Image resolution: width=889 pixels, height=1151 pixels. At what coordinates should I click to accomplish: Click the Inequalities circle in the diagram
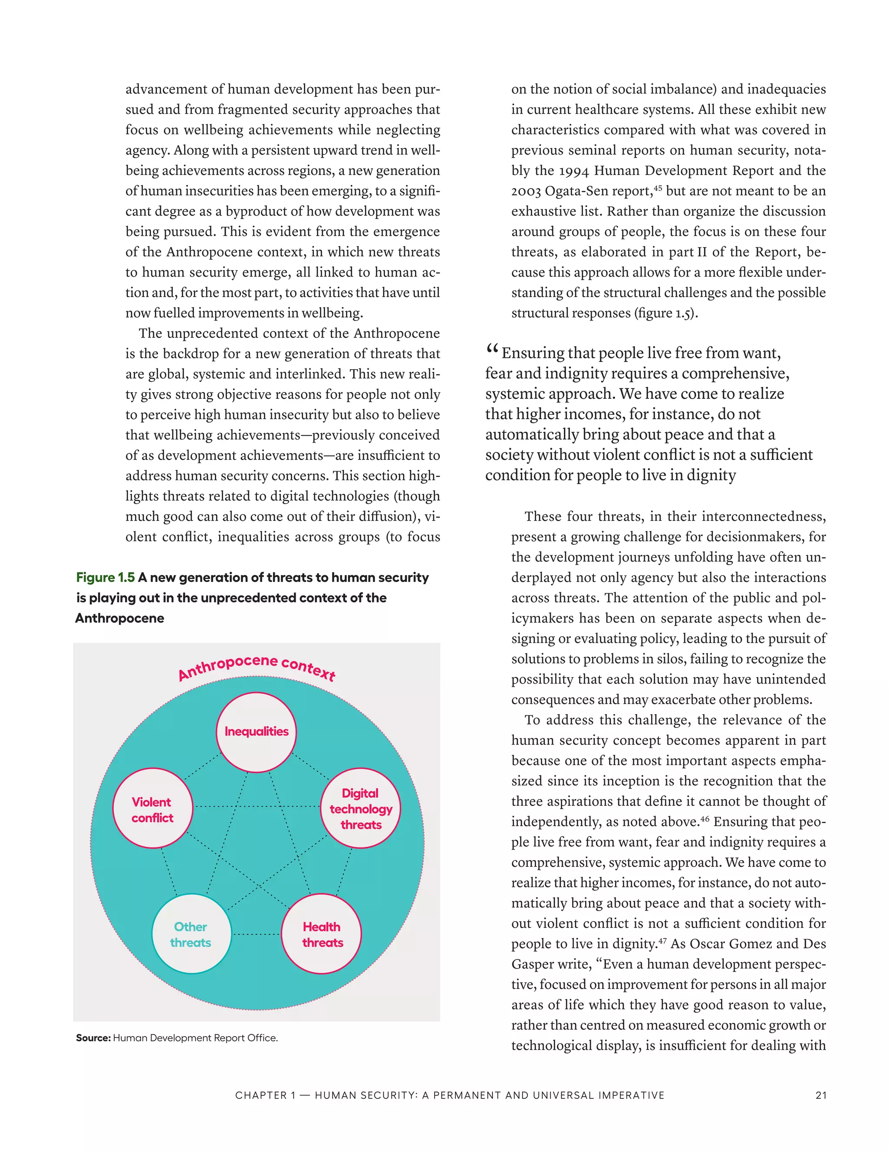pyautogui.click(x=257, y=732)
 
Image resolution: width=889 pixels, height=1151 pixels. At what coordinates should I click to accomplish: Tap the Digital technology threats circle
pyautogui.click(x=361, y=808)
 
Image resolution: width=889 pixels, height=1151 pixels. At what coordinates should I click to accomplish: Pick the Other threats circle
pyautogui.click(x=191, y=934)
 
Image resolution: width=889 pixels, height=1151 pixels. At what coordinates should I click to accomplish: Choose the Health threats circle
pyautogui.click(x=322, y=934)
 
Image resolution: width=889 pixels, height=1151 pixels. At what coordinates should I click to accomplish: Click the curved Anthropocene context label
pyautogui.click(x=257, y=667)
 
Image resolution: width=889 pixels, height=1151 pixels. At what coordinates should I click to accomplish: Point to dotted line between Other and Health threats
pyautogui.click(x=257, y=934)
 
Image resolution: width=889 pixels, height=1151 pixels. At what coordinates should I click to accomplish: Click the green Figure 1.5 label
pyautogui.click(x=105, y=578)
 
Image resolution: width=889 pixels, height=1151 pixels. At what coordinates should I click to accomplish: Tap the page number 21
pyautogui.click(x=820, y=1095)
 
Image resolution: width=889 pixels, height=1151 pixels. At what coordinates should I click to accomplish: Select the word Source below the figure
pyautogui.click(x=93, y=1038)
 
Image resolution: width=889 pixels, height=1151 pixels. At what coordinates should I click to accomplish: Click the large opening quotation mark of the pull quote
pyautogui.click(x=492, y=349)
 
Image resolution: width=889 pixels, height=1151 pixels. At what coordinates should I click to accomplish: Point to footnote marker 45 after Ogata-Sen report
pyautogui.click(x=657, y=187)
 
